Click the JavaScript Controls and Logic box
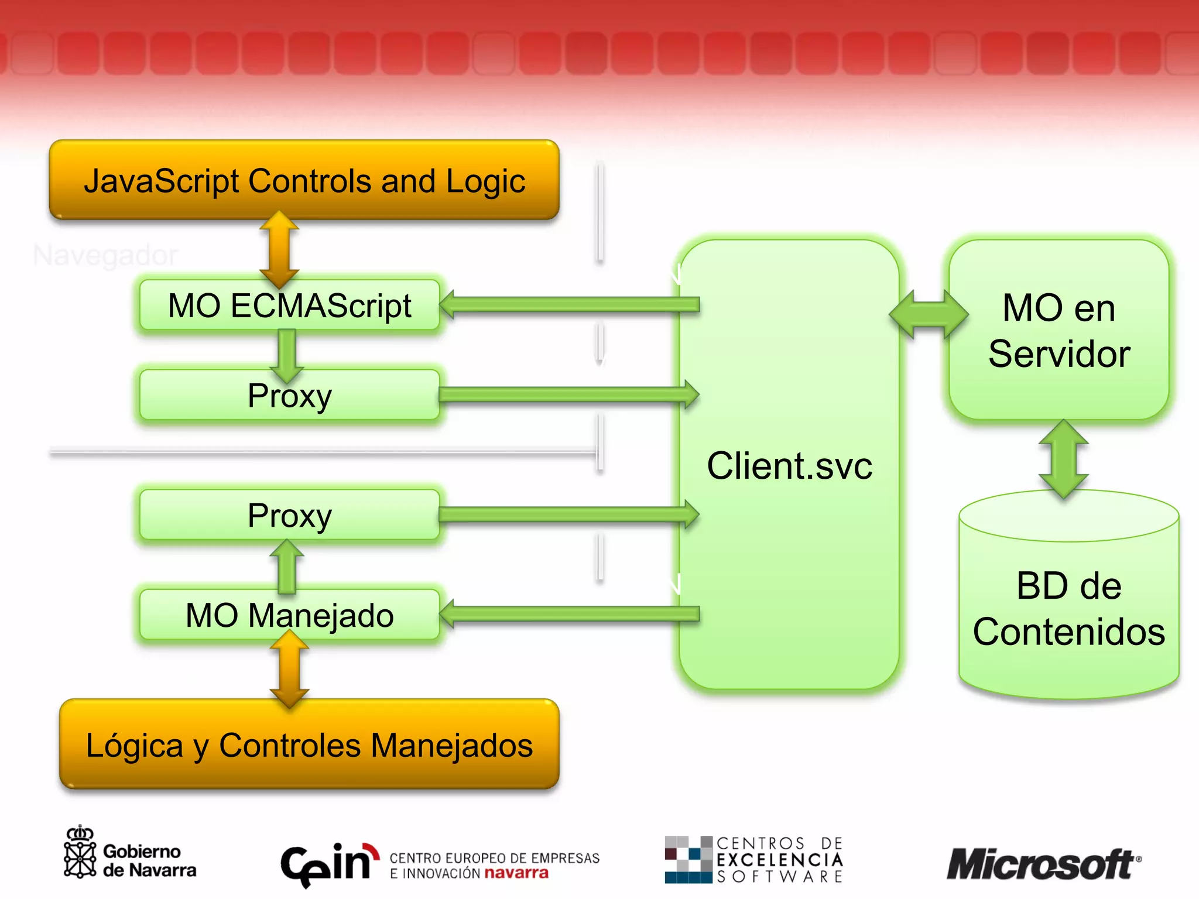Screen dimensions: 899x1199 pos(304,180)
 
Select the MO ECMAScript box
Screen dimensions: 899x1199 pos(289,306)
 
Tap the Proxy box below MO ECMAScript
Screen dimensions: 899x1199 pos(289,395)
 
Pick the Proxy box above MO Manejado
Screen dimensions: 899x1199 pos(289,515)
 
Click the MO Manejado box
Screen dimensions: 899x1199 pos(289,615)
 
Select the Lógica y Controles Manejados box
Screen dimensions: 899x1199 pos(309,745)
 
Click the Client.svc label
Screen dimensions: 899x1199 pos(789,466)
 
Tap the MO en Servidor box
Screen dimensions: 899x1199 pos(1058,330)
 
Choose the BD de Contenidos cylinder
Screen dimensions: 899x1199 pos(1068,609)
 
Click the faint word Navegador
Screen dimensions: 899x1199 pos(105,255)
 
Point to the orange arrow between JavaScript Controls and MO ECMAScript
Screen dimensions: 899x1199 pos(279,249)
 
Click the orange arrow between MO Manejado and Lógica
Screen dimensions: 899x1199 pos(289,669)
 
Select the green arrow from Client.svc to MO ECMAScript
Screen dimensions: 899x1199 pos(568,304)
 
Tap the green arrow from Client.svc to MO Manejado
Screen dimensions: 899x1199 pos(568,614)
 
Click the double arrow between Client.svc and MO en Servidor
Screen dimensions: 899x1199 pos(928,314)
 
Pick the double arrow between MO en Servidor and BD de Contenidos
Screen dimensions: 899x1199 pos(1063,459)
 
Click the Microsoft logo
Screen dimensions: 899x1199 pos(1042,864)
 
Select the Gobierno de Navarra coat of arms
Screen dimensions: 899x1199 pos(80,854)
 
